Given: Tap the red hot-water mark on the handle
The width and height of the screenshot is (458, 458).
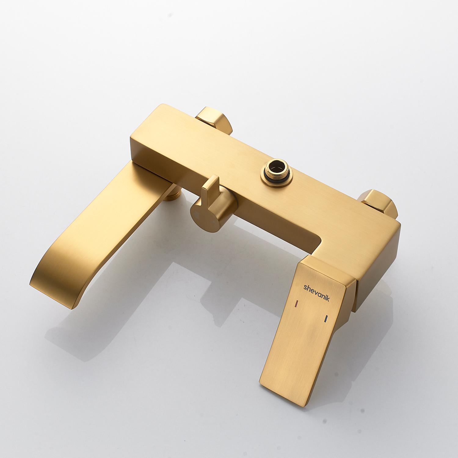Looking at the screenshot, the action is click(296, 303).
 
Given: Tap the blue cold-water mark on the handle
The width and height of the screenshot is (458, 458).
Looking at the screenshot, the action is click(326, 319).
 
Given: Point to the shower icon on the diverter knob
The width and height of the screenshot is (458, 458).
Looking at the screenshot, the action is click(197, 215).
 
